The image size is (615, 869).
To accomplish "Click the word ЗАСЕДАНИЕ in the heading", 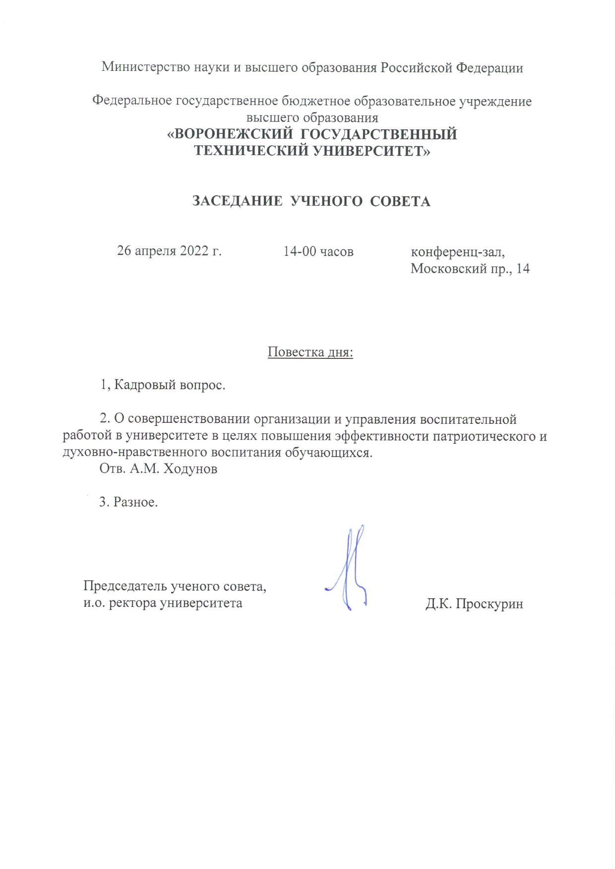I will click(237, 201).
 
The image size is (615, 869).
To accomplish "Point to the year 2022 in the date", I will click(194, 251).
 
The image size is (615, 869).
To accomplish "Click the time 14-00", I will click(300, 251).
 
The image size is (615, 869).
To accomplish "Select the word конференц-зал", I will click(457, 252).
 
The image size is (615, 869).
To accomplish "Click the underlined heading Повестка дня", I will click(310, 352).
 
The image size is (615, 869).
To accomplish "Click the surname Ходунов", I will click(190, 469).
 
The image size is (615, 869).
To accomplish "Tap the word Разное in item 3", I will click(135, 502).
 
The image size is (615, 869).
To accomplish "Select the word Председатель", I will click(125, 586).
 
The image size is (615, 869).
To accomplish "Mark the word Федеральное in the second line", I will click(132, 101).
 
